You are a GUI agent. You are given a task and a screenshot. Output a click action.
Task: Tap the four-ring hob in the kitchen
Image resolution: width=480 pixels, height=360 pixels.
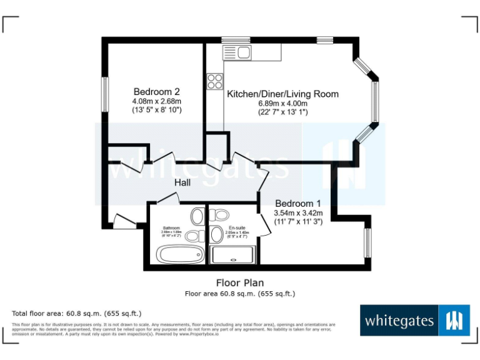pos(215,81)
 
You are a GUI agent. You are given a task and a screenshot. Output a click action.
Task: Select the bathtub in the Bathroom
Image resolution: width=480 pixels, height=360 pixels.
pos(179,254)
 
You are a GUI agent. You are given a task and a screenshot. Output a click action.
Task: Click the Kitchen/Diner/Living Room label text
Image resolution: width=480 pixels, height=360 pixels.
pos(282,94)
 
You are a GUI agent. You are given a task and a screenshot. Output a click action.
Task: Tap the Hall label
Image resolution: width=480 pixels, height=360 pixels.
pos(182,182)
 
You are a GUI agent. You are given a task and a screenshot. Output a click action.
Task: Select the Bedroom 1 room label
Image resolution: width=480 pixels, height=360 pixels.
pos(297,203)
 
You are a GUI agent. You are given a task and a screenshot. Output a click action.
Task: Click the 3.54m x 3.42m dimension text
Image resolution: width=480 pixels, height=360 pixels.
pos(297,212)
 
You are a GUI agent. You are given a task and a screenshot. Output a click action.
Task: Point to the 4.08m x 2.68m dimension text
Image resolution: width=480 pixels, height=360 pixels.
pos(156,101)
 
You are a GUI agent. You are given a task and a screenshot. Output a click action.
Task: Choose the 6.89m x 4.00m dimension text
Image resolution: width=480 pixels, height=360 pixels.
pos(282,104)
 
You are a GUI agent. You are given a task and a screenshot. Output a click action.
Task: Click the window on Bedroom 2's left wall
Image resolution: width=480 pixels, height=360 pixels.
pos(106,95)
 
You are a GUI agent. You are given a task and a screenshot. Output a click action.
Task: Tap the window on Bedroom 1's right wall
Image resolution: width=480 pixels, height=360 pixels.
pos(367,242)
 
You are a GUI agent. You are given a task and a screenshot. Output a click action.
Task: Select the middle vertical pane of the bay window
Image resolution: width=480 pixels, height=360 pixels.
pos(375,101)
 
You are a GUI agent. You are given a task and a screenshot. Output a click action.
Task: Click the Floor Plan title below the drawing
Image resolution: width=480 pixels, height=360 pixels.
pos(240,283)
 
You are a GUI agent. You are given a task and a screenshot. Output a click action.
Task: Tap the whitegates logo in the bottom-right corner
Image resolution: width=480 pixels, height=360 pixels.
pos(415,321)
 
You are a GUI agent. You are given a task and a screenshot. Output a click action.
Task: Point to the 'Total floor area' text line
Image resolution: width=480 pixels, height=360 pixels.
pos(77,312)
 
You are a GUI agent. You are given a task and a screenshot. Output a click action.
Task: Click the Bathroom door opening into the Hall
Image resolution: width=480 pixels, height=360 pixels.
pos(167,198)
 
